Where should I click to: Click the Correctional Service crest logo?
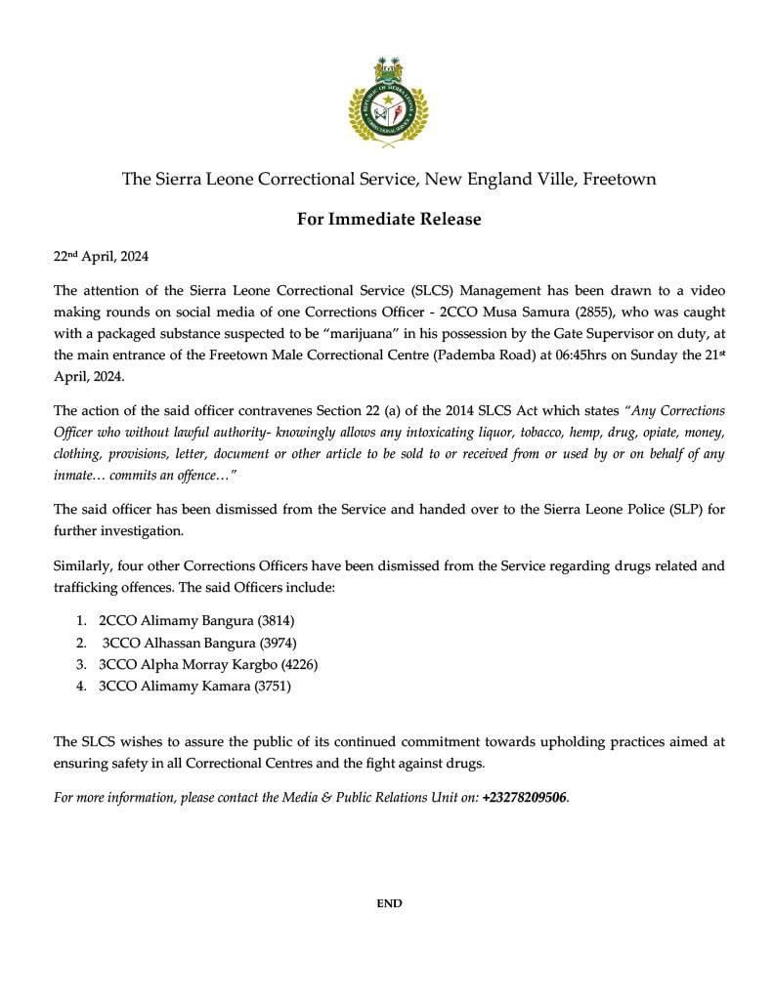389,103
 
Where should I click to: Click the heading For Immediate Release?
389,219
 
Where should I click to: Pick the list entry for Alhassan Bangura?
199,643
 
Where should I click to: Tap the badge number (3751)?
273,687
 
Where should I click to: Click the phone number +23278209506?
524,798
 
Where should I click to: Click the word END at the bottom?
389,903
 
